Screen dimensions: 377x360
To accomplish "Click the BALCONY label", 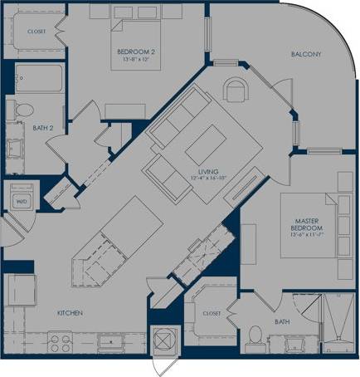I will [x=306, y=55].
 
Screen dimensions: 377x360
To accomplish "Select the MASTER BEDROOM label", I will [x=307, y=223].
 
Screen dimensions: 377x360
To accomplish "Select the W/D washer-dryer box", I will [x=21, y=200].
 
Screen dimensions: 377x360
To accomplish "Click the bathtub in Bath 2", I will [x=34, y=80].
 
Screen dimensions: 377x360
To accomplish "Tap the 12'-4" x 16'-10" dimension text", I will [x=204, y=177].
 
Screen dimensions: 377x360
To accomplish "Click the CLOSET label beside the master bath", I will [x=211, y=314].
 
